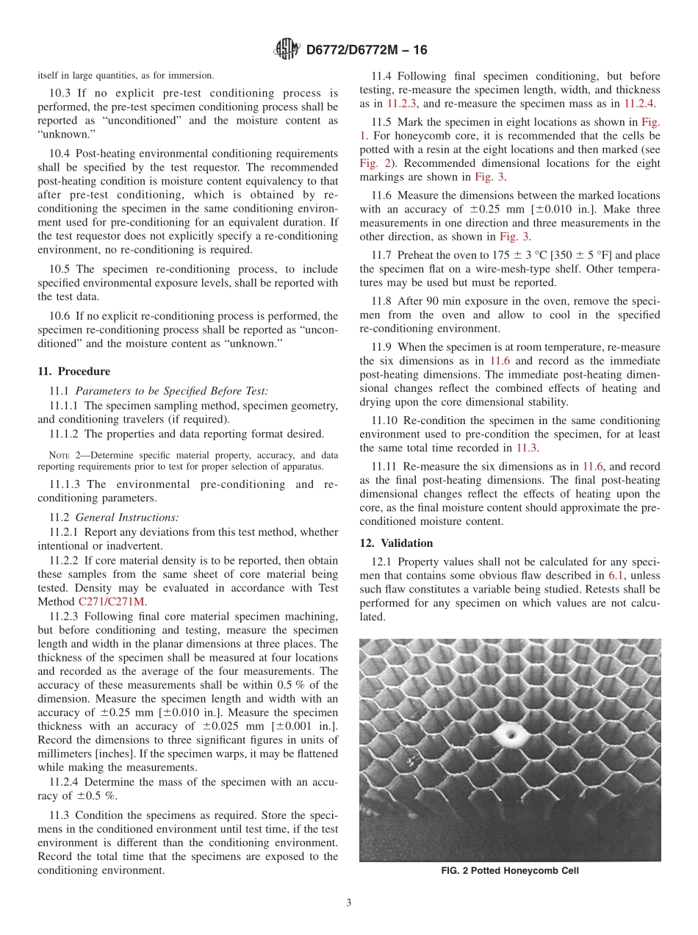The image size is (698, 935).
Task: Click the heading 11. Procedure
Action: tap(73, 372)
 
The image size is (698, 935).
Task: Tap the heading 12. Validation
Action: tap(396, 543)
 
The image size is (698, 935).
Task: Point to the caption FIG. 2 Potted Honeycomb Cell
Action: tap(509, 871)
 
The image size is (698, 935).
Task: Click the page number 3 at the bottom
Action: tap(349, 903)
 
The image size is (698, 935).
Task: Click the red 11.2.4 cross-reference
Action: tap(639, 104)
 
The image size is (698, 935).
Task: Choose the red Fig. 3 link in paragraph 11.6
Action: tap(514, 237)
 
